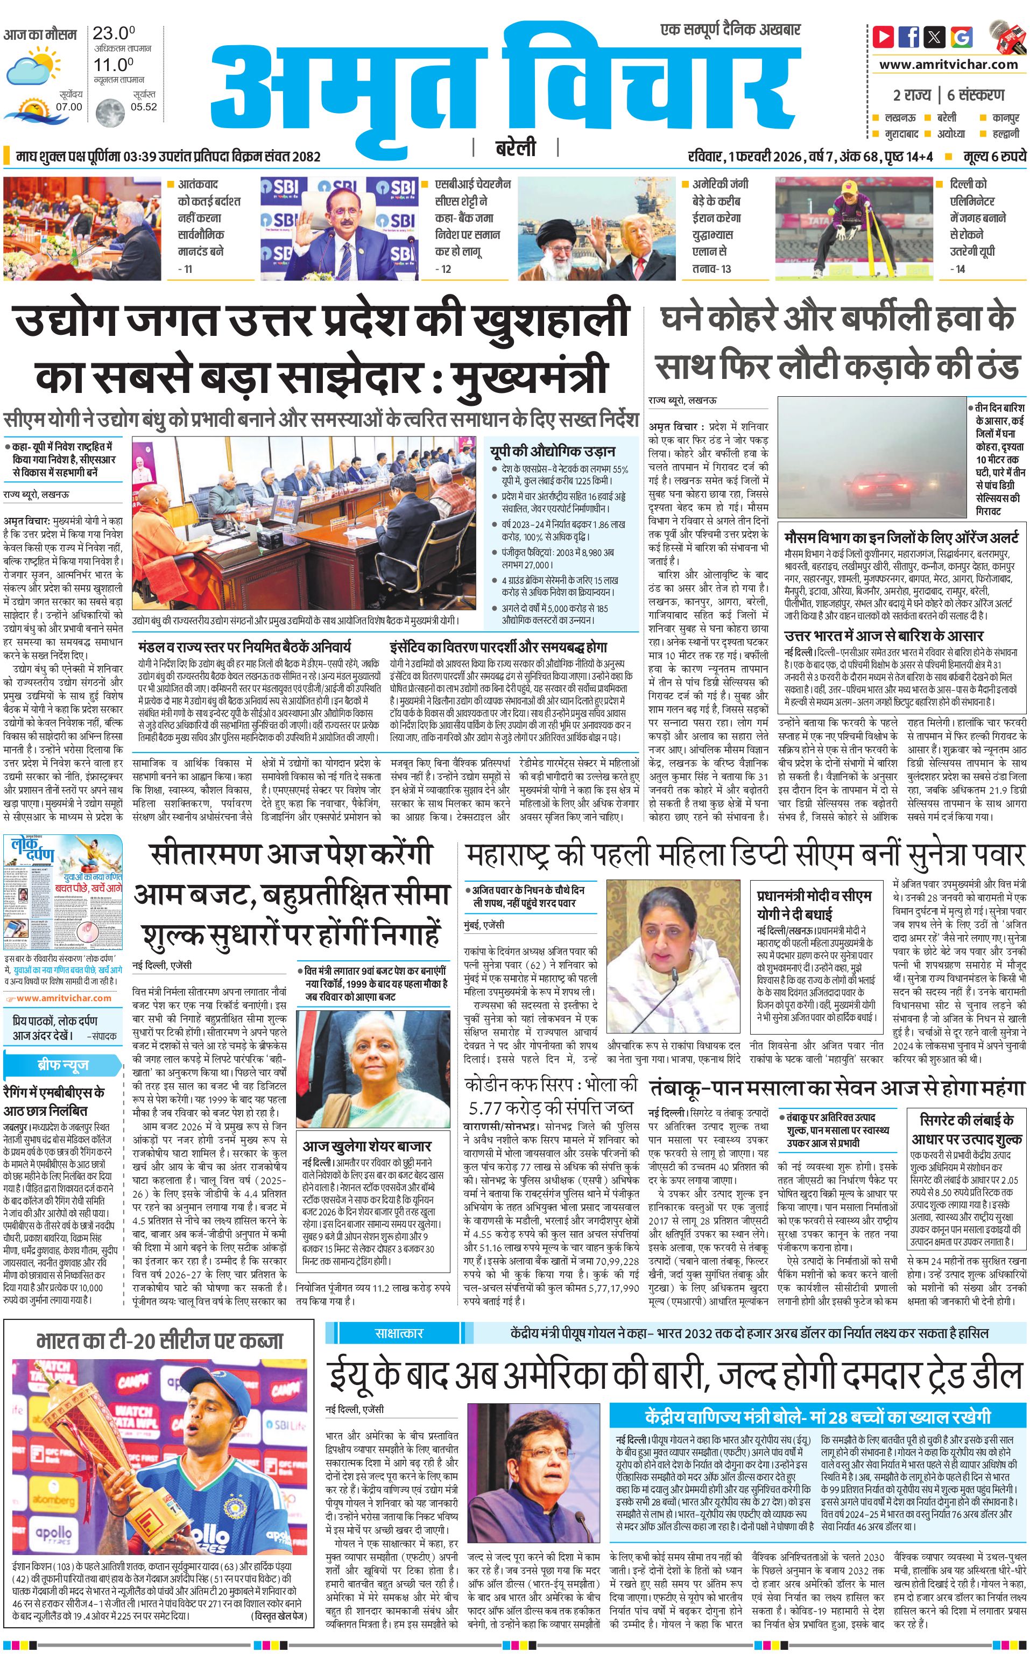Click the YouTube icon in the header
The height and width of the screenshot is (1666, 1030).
(x=884, y=37)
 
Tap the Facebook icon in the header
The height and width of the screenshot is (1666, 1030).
(x=909, y=37)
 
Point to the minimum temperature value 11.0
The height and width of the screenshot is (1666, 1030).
(x=113, y=65)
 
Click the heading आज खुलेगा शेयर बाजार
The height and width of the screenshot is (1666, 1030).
(x=366, y=1146)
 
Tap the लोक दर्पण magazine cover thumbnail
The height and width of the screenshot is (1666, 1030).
(x=64, y=892)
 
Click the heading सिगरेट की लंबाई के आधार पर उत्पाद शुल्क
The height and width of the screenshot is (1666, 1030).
(x=966, y=1129)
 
